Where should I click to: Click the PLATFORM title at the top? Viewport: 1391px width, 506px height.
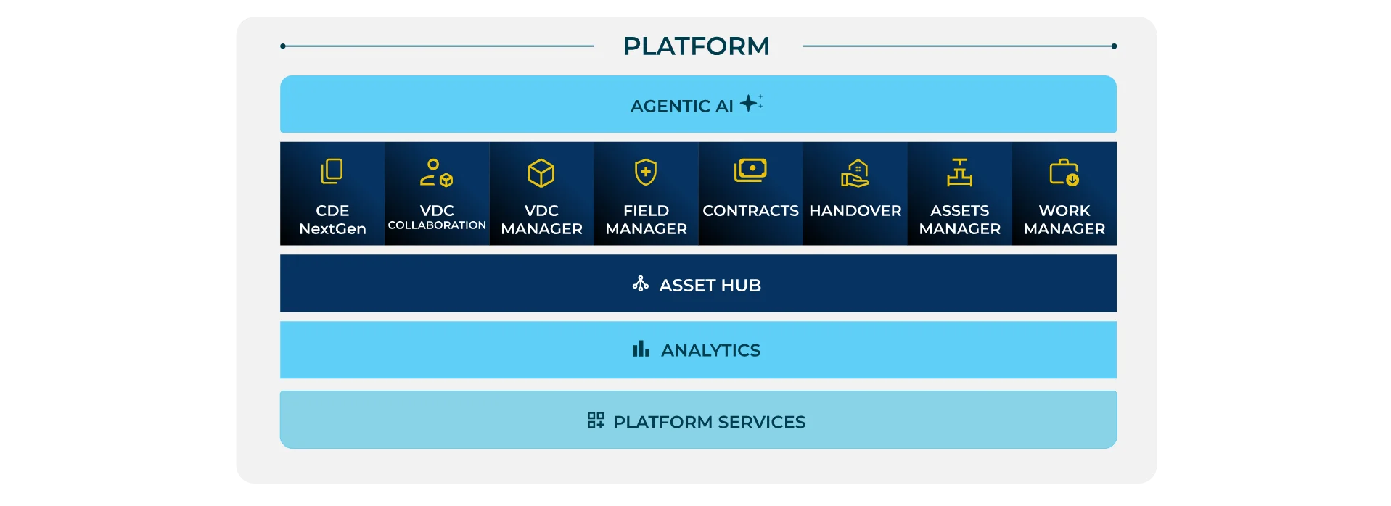696,46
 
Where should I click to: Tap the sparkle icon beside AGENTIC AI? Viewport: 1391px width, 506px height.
750,103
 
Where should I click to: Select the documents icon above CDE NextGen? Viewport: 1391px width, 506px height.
332,172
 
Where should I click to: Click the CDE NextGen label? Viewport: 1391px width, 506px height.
332,220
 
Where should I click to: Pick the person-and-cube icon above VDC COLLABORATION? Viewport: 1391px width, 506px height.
436,173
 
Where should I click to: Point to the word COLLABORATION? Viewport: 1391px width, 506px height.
437,225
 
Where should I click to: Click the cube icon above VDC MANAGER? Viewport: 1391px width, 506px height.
541,173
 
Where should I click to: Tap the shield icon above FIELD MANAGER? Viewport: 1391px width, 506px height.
646,173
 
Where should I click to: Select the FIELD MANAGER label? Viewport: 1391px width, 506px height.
646,220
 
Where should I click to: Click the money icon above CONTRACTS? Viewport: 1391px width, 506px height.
750,170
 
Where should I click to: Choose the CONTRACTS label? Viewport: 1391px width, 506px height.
750,211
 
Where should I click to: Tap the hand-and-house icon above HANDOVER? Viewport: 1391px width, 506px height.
855,173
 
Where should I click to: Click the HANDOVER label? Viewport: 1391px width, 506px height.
855,211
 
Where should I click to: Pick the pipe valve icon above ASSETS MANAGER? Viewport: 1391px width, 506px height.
959,173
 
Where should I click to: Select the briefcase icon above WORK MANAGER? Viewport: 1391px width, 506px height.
1064,173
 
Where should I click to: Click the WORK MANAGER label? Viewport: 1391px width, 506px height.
1064,220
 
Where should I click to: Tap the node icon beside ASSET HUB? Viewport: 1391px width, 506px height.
640,283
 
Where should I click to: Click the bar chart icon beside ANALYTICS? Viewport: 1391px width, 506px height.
641,349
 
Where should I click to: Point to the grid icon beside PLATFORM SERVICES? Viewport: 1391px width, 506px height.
596,420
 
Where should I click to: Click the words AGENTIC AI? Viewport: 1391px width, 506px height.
681,107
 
